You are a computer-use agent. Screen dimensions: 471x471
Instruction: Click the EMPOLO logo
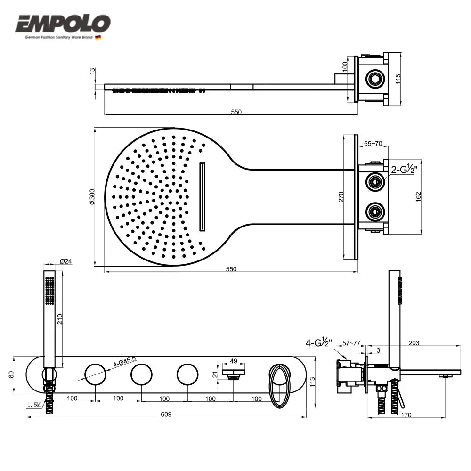pyautogui.click(x=63, y=24)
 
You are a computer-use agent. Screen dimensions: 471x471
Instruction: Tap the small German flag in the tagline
pyautogui.click(x=98, y=37)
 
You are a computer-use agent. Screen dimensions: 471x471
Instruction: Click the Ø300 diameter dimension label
pyautogui.click(x=92, y=196)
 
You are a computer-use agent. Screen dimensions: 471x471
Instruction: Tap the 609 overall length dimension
pyautogui.click(x=166, y=414)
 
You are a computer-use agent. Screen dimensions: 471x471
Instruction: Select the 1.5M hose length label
pyautogui.click(x=34, y=405)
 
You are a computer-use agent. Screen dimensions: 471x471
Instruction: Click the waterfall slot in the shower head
pyautogui.click(x=203, y=197)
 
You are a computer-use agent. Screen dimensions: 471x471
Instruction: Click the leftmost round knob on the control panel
pyautogui.click(x=96, y=375)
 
